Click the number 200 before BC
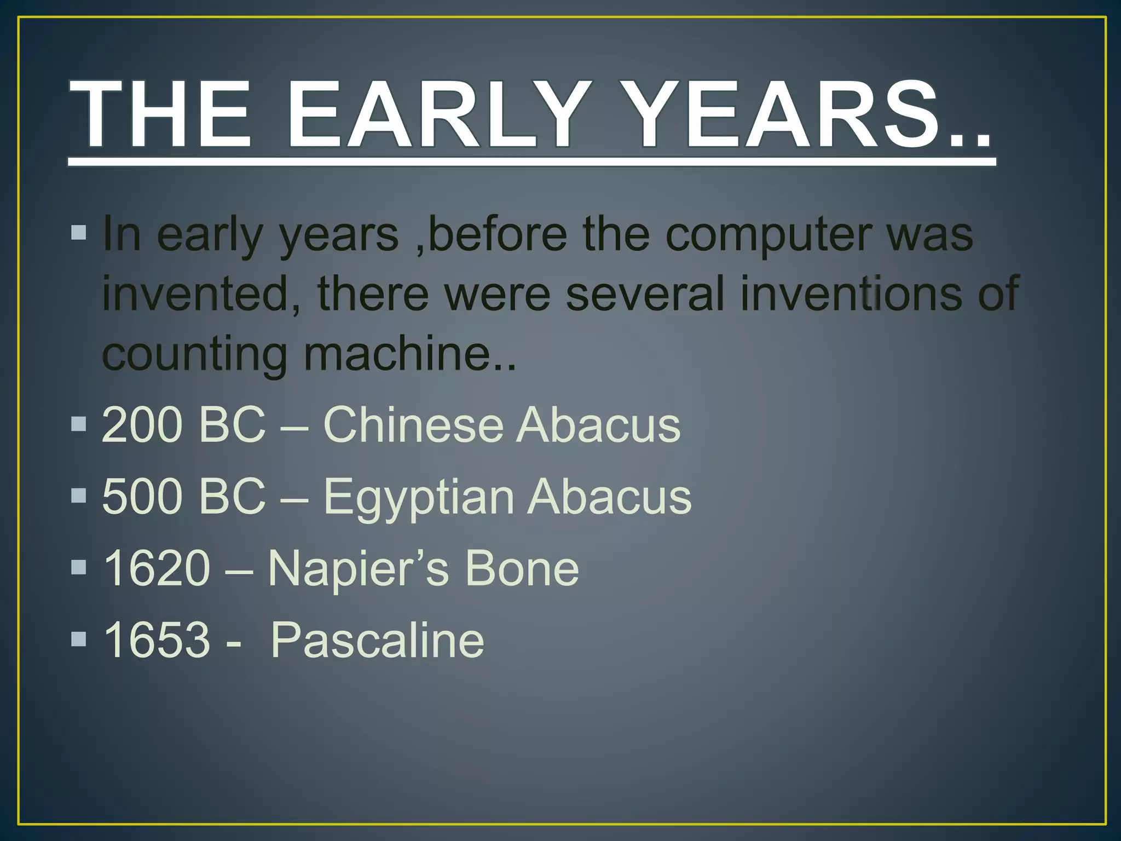click(142, 425)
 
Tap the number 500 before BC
click(142, 496)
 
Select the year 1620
click(157, 568)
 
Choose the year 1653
click(157, 640)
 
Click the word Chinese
click(413, 425)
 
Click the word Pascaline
click(377, 640)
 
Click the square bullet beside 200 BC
click(79, 424)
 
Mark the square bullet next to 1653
click(79, 638)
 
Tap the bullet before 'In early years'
click(79, 233)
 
